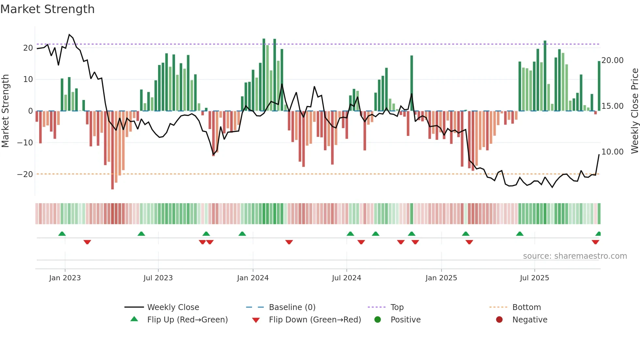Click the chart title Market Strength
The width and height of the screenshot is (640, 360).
[47, 9]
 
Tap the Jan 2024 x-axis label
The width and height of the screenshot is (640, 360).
[253, 278]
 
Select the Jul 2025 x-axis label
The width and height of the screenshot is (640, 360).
[534, 278]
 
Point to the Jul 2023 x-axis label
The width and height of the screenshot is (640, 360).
[158, 278]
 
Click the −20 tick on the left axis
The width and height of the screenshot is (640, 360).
[25, 174]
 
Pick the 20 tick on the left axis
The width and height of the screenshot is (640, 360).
[28, 48]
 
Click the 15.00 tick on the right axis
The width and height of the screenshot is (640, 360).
[612, 106]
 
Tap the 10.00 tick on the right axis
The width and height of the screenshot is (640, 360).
[612, 152]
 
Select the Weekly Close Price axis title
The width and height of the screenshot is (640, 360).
[634, 111]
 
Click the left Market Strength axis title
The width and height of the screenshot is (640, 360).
[5, 111]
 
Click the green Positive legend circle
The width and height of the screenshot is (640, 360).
[377, 320]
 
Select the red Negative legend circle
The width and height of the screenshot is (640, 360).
[499, 320]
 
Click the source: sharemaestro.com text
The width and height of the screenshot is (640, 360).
[575, 256]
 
